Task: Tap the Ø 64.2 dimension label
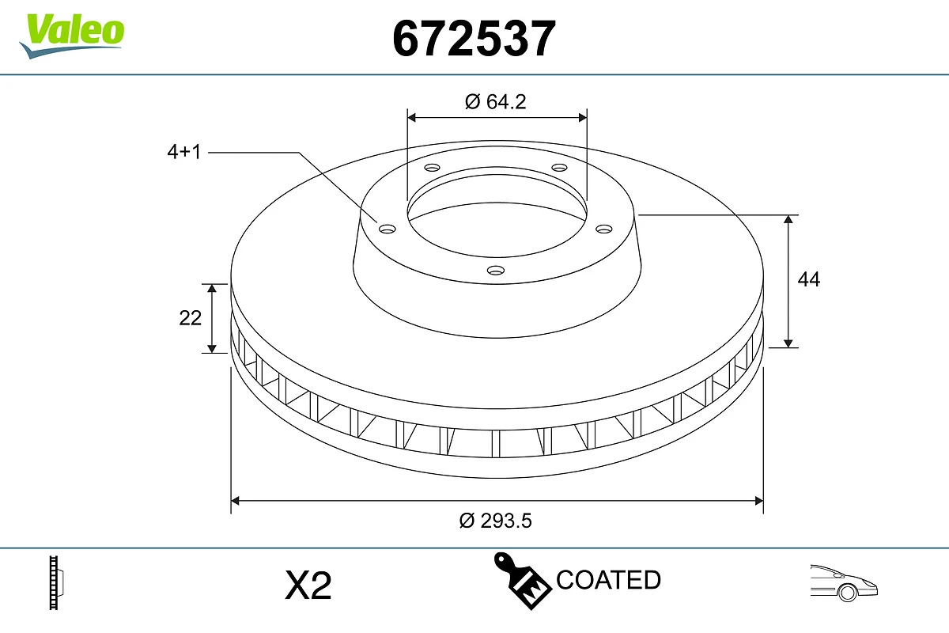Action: [x=496, y=101]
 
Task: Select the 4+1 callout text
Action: [x=184, y=152]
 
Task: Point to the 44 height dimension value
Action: [x=809, y=279]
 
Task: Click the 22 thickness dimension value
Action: [x=191, y=317]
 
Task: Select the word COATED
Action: [x=608, y=580]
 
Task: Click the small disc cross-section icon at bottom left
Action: [x=56, y=582]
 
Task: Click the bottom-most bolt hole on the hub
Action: [x=496, y=271]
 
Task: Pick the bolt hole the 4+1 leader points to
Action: [x=387, y=229]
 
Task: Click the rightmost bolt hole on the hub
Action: [x=604, y=229]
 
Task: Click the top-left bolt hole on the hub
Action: [x=432, y=168]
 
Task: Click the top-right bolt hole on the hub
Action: [x=560, y=168]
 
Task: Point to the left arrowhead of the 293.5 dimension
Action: [x=235, y=500]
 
